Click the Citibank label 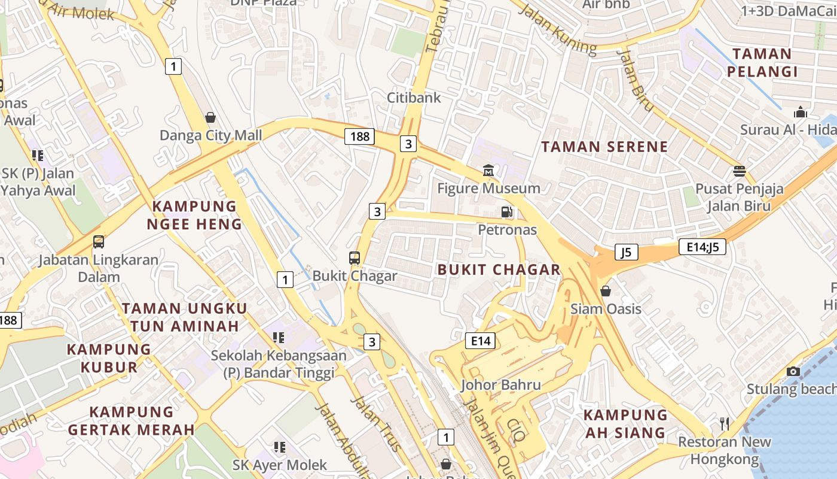click(414, 98)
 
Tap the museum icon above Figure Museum click(488, 171)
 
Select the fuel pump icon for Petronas click(507, 211)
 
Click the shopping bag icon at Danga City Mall click(210, 117)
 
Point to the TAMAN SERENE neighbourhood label click(604, 147)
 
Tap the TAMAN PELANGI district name click(762, 63)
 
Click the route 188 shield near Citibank click(360, 137)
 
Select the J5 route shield click(626, 252)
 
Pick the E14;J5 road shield click(702, 247)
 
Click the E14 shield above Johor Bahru click(480, 341)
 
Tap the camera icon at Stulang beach click(793, 372)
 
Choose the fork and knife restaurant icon click(725, 424)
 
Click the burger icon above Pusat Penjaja click(740, 171)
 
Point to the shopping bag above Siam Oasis click(606, 291)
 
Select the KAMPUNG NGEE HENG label click(194, 216)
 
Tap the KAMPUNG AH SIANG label click(625, 424)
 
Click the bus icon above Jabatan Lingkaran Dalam click(99, 242)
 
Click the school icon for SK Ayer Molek click(279, 447)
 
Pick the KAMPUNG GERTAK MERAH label click(132, 421)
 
